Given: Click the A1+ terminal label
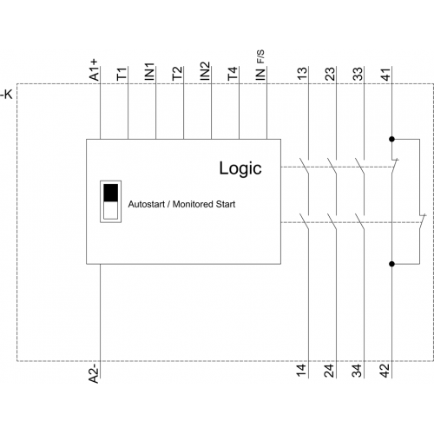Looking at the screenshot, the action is pos(94,70).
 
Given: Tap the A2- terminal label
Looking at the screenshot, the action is pos(94,373).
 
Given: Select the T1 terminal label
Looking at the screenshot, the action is pos(122,74).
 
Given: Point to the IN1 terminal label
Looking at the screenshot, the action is pos(149,71).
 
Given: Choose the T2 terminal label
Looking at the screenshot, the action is pos(177,73).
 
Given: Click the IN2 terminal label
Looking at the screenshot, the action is pos(205,71).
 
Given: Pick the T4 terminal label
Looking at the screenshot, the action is pos(233,74).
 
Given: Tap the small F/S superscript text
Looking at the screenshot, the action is pos(260,56).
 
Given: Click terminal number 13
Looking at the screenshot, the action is pos(302,74).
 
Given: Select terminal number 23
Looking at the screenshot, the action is pos(330,74).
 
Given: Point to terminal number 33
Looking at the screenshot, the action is pos(358,74).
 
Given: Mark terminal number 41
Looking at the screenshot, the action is pos(385,74).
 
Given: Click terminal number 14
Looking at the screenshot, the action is pos(302,371).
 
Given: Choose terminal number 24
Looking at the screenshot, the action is pos(330,371).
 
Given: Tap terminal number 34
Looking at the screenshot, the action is pos(358,371).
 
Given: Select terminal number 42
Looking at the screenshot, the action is pos(385,371).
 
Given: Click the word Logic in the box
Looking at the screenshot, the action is pos(240,168).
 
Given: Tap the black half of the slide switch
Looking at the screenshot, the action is pos(111,193).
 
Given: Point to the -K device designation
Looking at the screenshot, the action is pos(6,95).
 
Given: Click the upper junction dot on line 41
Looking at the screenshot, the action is pos(392,139).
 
